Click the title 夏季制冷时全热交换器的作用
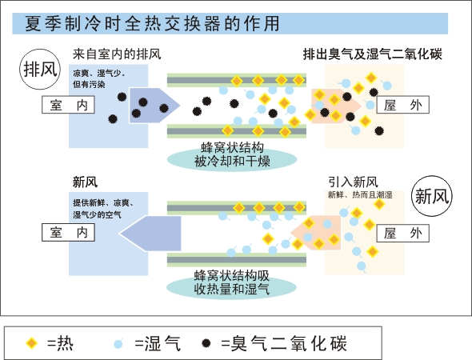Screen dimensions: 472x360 152,23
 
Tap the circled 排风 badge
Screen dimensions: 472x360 40,70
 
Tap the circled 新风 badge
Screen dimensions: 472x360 432,196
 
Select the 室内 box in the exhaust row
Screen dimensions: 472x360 68,105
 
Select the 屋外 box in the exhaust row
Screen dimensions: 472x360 402,105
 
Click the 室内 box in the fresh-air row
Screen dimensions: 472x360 68,232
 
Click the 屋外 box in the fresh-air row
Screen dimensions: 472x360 402,233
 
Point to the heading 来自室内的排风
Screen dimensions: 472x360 117,54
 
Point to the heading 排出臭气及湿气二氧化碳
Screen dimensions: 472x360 372,54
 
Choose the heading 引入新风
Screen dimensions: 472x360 353,182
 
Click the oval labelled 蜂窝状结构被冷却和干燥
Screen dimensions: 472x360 232,158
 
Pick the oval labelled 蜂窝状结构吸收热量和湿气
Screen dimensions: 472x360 231,286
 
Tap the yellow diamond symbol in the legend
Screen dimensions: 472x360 32,343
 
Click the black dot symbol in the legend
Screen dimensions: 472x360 206,343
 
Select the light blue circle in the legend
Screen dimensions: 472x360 118,343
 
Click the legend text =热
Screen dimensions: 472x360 60,343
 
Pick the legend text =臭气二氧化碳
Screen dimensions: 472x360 284,343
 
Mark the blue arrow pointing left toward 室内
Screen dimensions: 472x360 150,234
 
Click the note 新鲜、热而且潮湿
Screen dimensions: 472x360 360,195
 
